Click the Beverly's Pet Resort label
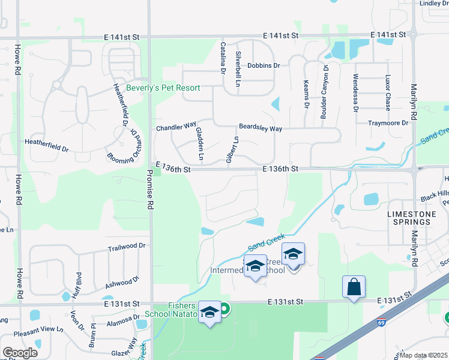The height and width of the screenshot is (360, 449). pyautogui.click(x=163, y=88)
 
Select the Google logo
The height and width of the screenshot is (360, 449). pyautogui.click(x=20, y=353)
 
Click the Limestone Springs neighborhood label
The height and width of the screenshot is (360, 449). pyautogui.click(x=408, y=218)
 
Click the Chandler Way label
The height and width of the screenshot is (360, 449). pyautogui.click(x=176, y=127)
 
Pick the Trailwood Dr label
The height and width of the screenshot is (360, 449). pyautogui.click(x=127, y=246)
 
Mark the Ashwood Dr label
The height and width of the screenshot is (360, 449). pyautogui.click(x=121, y=280)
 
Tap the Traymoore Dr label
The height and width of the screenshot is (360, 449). pyautogui.click(x=388, y=123)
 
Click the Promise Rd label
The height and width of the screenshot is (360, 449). pyautogui.click(x=150, y=188)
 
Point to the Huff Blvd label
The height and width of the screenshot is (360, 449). pyautogui.click(x=78, y=282)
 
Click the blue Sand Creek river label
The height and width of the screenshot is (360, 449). pyautogui.click(x=265, y=241)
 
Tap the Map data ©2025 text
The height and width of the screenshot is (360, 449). pyautogui.click(x=424, y=356)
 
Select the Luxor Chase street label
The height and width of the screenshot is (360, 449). pyautogui.click(x=388, y=88)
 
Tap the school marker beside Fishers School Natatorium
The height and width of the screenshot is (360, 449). pyautogui.click(x=209, y=313)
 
